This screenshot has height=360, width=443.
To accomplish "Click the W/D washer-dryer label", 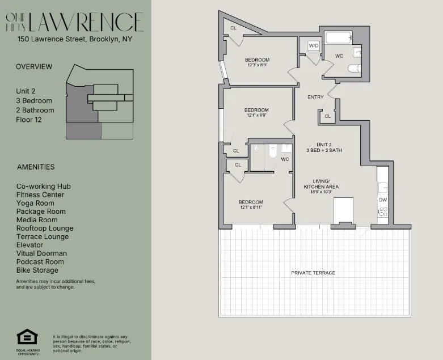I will tap(314, 45).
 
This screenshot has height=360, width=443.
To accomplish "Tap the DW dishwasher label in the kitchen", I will tap(383, 200).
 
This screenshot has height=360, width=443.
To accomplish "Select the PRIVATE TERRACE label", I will tap(313, 273).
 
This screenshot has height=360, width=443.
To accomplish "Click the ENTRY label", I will tap(315, 97).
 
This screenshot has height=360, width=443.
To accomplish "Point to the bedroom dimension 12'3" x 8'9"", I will tap(257, 65).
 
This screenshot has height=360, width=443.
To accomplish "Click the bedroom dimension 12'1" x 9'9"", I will tap(256, 115).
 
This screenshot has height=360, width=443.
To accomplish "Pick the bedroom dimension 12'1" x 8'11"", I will tap(250, 207).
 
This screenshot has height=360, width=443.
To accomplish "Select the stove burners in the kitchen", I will tap(383, 212).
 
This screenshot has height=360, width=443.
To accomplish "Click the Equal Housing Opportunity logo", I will tap(27, 338).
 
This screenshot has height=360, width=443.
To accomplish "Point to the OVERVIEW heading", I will tap(34, 66).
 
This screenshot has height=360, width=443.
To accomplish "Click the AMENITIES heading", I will tap(36, 167).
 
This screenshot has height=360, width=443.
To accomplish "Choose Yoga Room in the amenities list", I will tap(35, 203).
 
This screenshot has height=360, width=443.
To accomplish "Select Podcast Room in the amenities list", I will tap(40, 262).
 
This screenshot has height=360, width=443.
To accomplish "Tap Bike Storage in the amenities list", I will tap(37, 270).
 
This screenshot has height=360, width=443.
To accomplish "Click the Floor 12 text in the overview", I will tap(29, 120).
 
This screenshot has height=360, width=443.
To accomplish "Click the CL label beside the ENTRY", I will tap(327, 116).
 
